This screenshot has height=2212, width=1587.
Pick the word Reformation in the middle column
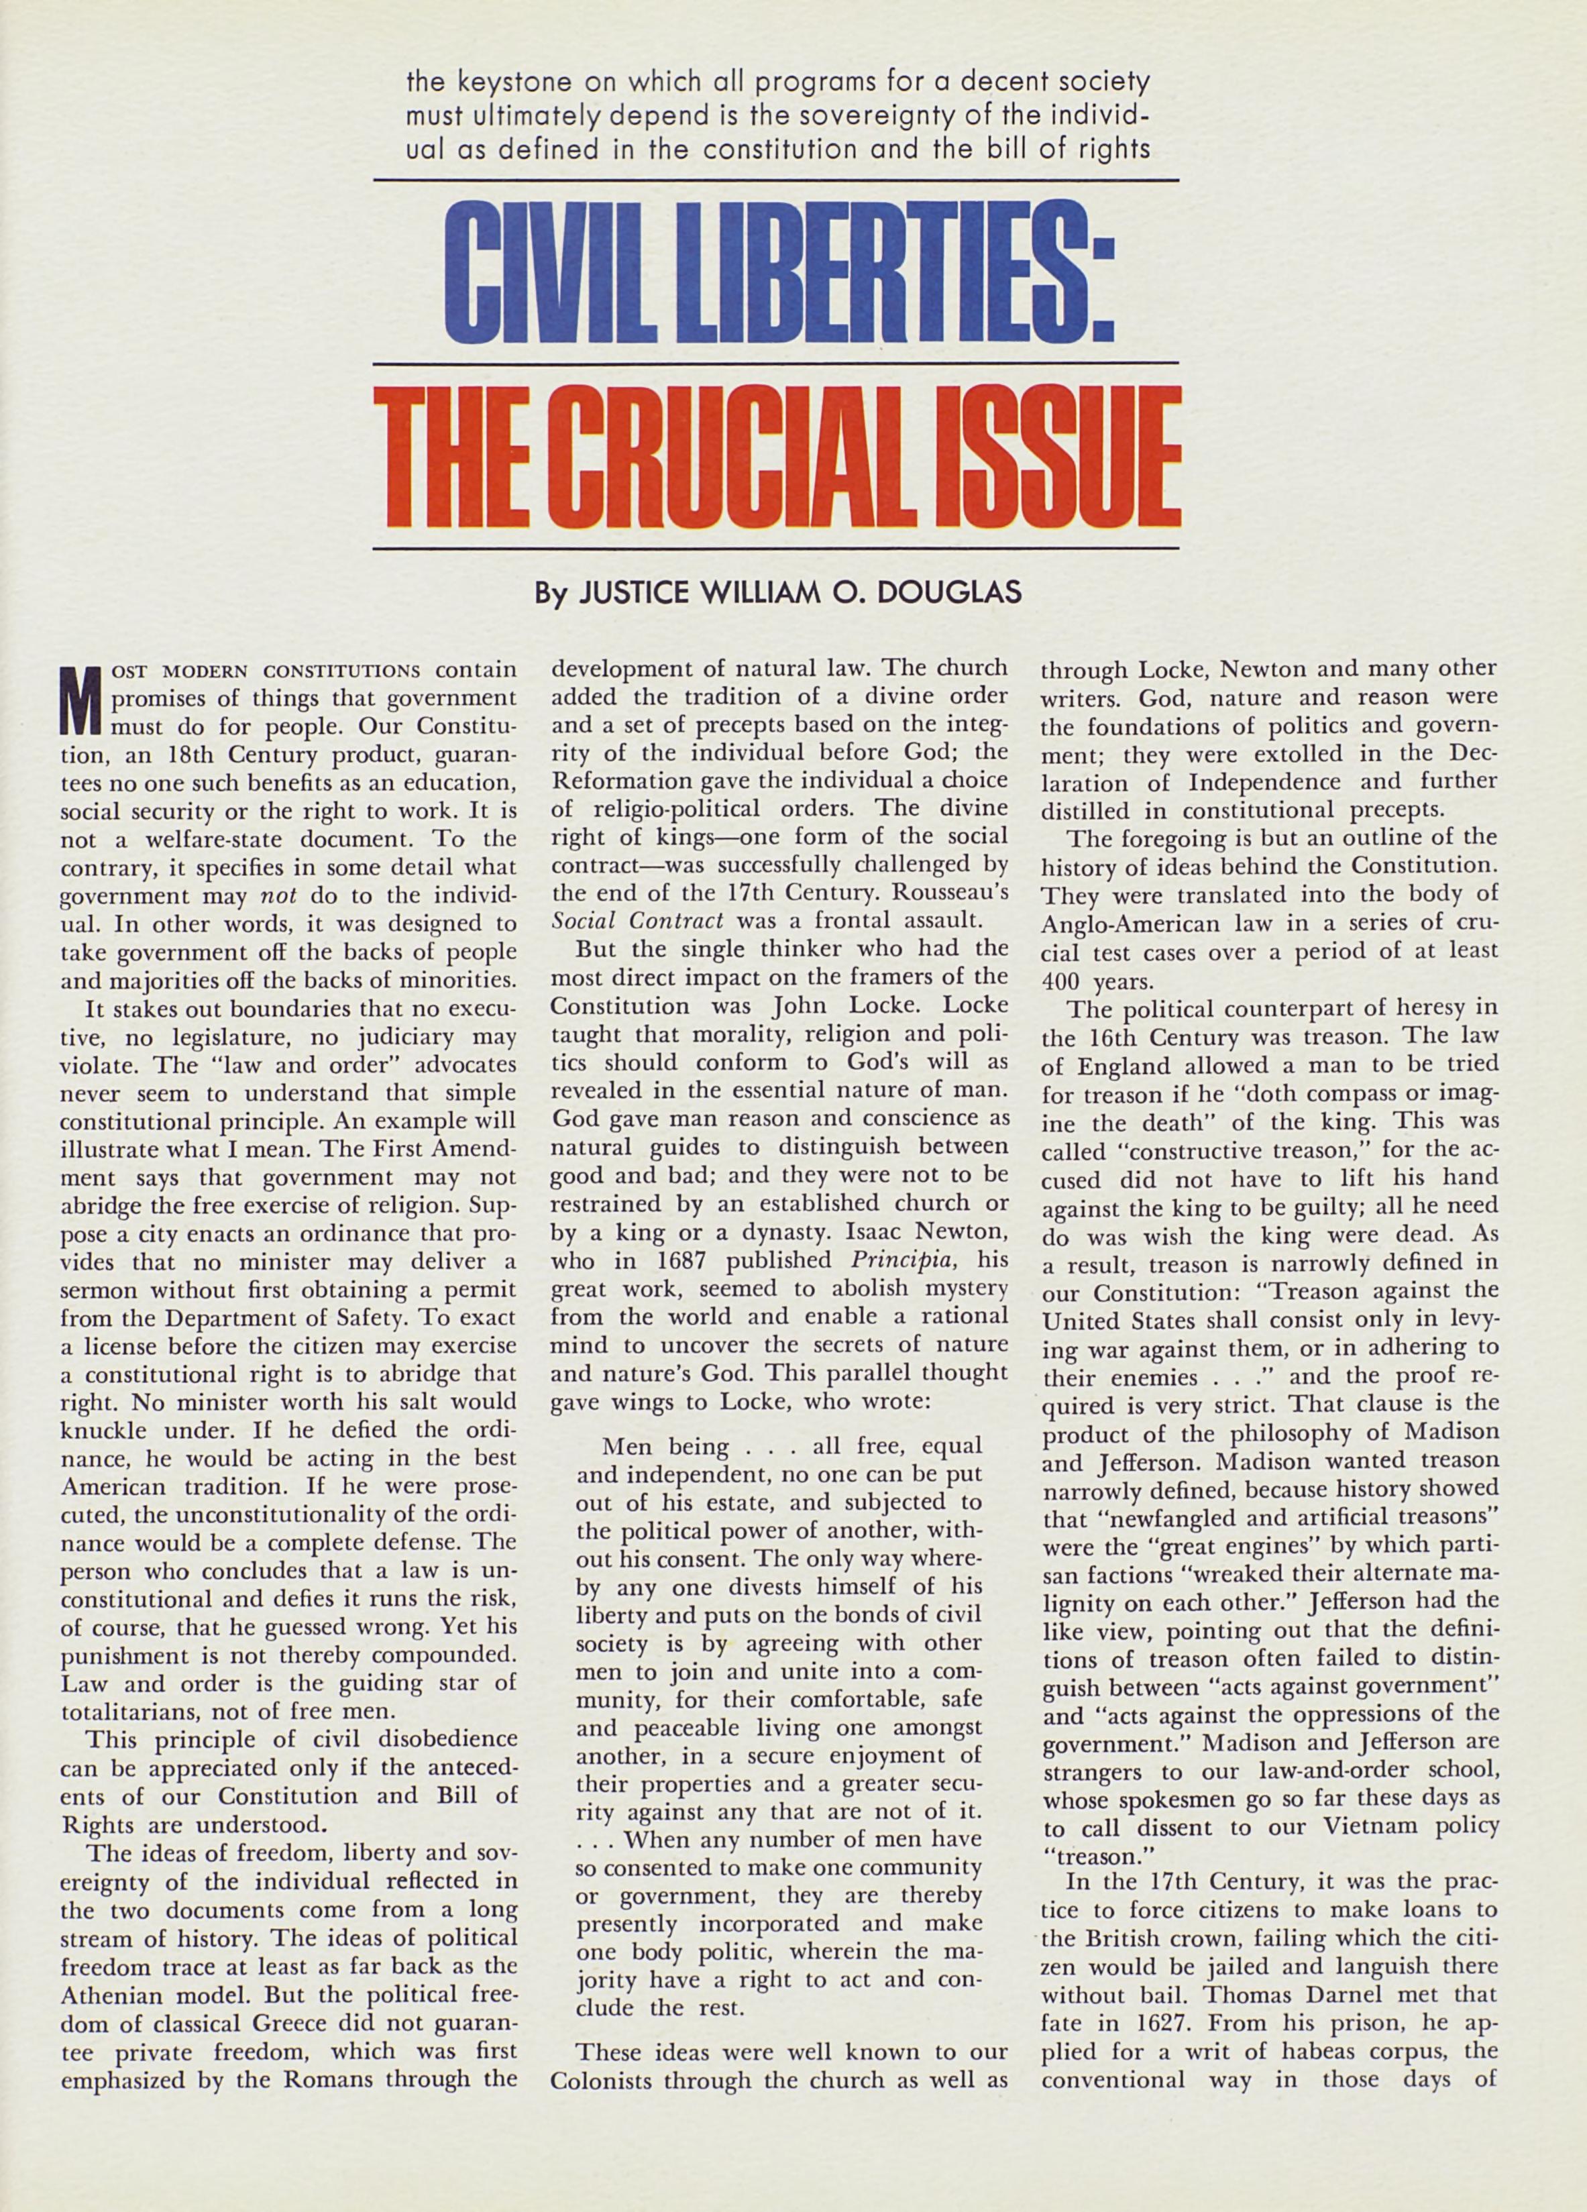tap(616, 779)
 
